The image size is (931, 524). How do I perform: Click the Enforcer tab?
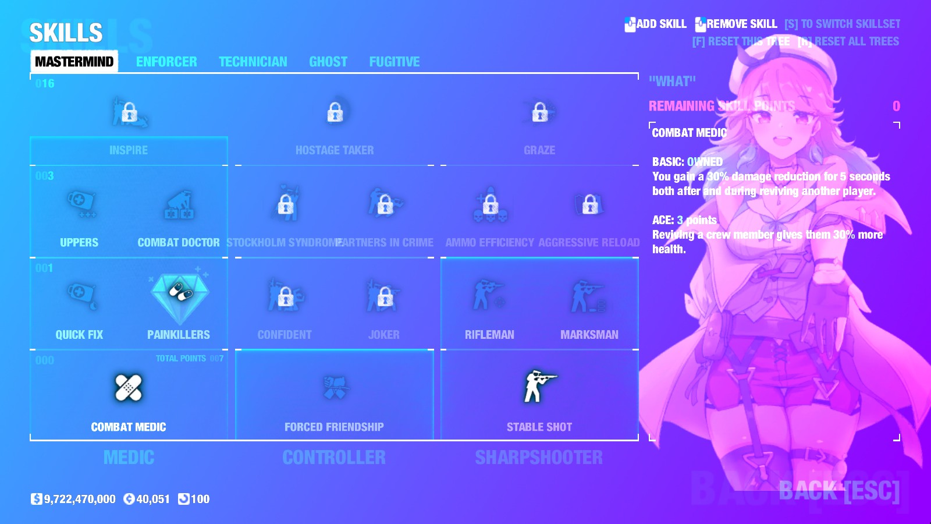[x=166, y=62]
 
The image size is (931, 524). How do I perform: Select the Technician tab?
[x=253, y=62]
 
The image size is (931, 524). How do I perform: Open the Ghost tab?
[x=328, y=62]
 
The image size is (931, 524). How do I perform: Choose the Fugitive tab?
[x=395, y=62]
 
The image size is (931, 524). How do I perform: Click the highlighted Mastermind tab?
[x=74, y=62]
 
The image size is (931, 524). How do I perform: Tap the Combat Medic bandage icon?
[x=129, y=388]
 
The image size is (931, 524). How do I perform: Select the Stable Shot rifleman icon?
[x=539, y=387]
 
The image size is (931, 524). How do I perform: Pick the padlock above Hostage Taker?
[x=335, y=112]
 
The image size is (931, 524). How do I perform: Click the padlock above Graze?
[x=539, y=112]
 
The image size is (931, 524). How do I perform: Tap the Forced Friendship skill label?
[x=334, y=427]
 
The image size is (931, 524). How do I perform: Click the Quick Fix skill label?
[x=79, y=335]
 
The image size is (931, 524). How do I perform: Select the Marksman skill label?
[x=589, y=335]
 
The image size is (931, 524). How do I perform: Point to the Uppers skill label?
[x=79, y=243]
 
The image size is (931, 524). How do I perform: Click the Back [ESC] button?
[x=839, y=491]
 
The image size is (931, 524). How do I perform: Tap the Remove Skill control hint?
[x=736, y=24]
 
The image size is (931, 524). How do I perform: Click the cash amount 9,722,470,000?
[x=79, y=499]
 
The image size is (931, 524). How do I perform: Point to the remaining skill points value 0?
[x=896, y=106]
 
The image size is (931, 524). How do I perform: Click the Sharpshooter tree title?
[x=539, y=458]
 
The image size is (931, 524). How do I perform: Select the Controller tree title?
[x=334, y=458]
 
